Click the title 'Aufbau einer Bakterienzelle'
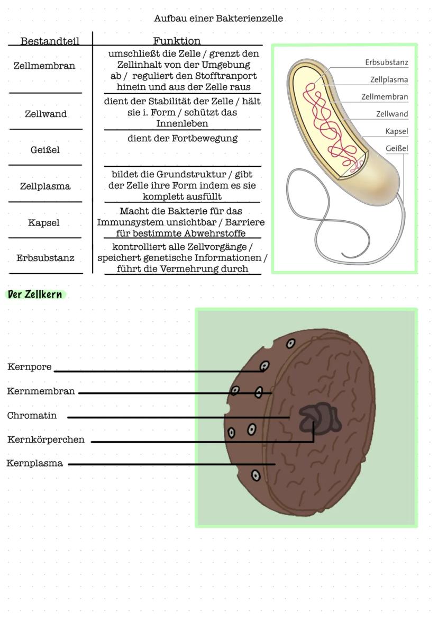click(x=218, y=19)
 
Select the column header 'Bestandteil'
click(x=50, y=41)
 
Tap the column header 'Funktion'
click(x=177, y=41)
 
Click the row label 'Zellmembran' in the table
click(x=44, y=66)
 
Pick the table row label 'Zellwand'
click(x=46, y=114)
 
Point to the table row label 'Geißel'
click(x=45, y=150)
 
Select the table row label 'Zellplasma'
click(x=45, y=186)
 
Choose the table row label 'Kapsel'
click(x=44, y=223)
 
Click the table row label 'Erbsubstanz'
click(x=45, y=258)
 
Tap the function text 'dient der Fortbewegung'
click(x=182, y=139)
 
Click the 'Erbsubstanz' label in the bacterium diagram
click(x=386, y=62)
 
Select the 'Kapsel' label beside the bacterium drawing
click(x=397, y=131)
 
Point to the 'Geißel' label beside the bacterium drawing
click(x=397, y=149)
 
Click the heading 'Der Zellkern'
click(x=35, y=294)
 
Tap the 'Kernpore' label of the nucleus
click(x=30, y=367)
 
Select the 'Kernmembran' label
click(x=41, y=391)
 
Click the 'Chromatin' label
click(x=32, y=416)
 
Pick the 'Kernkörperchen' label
click(x=45, y=439)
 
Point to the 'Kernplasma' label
click(x=34, y=463)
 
